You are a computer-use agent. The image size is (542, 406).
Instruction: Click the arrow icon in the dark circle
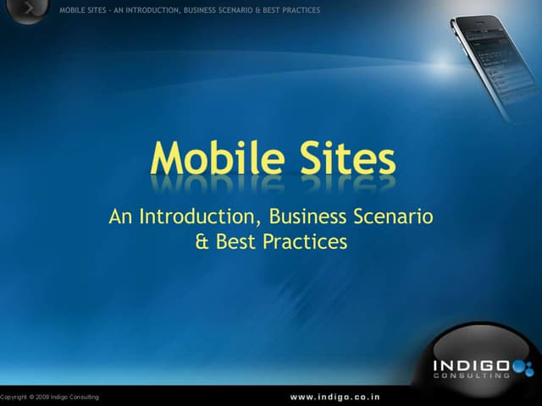30,9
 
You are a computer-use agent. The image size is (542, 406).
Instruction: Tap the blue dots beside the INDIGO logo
523,367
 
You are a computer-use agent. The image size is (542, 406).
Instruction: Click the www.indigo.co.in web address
335,396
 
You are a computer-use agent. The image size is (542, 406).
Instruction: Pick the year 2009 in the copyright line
45,397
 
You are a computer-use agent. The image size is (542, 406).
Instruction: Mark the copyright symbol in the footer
31,397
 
